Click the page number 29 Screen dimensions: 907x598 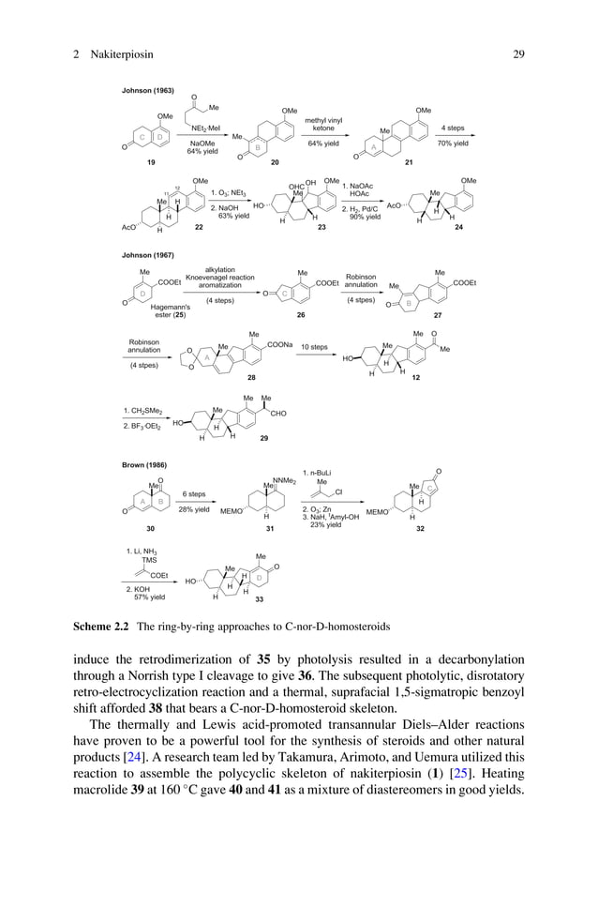click(x=518, y=55)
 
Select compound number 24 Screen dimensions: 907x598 click(x=458, y=228)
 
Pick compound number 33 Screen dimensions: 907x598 click(x=258, y=598)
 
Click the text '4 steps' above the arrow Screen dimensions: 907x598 click(x=453, y=128)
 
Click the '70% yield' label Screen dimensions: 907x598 click(x=453, y=144)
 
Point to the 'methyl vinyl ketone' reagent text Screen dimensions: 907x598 click(x=323, y=125)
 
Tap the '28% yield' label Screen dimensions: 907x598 click(x=193, y=509)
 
